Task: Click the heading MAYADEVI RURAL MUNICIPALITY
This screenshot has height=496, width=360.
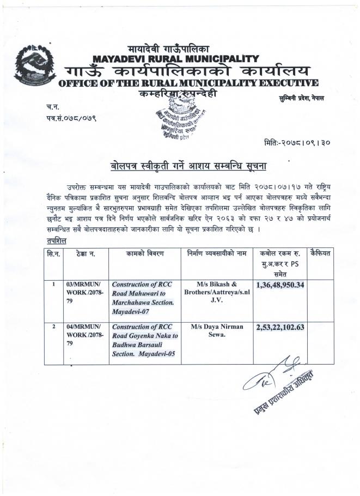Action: pyautogui.click(x=175, y=58)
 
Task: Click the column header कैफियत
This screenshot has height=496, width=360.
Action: pyautogui.click(x=323, y=253)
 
